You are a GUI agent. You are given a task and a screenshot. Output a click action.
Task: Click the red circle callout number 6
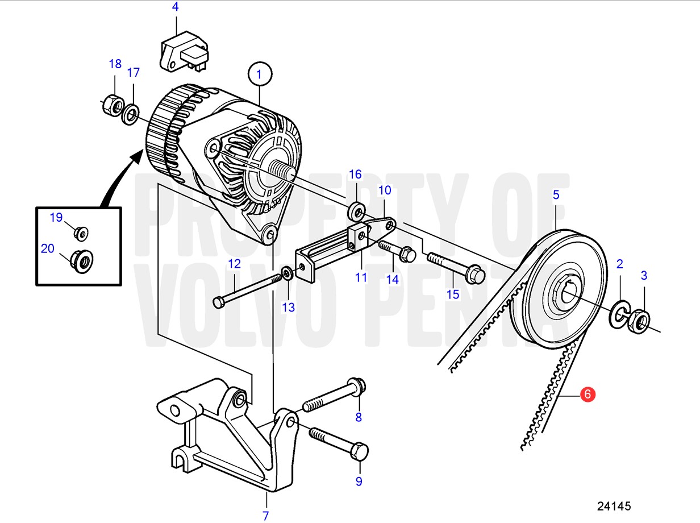587,395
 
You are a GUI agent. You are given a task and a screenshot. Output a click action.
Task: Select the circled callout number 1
260,74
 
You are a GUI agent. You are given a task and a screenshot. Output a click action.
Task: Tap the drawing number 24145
614,506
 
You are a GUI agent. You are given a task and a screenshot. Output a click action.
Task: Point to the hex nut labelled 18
114,105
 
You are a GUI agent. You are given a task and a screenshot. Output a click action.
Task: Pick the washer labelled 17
131,114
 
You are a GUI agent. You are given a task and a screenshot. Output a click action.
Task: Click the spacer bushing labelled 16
357,211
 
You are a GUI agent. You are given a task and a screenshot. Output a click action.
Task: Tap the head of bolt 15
475,274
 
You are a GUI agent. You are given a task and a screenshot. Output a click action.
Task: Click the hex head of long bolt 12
218,302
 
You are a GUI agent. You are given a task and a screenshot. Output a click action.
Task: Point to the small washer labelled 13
287,274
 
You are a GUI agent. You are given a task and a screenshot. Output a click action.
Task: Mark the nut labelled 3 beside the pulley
639,321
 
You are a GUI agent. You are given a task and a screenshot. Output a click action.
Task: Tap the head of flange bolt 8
357,387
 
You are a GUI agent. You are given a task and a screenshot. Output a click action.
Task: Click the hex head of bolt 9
360,451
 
